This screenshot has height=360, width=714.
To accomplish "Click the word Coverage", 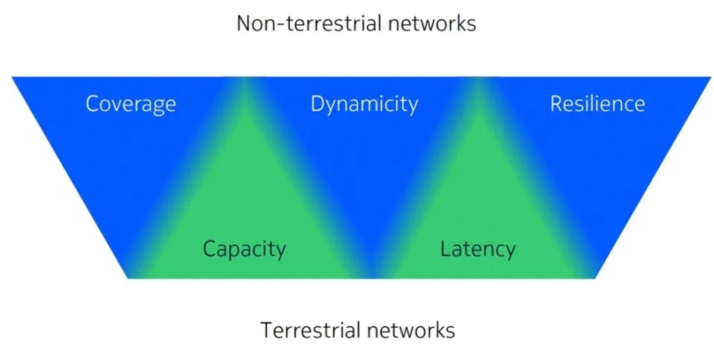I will coord(131,105).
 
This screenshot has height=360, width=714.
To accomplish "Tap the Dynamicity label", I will coord(364,105).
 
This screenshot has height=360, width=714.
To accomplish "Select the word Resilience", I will coord(597,104).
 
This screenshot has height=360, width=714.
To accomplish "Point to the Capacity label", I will coord(244,249).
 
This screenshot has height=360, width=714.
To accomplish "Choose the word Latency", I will coord(478,249).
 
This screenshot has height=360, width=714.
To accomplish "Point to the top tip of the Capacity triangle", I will coord(244,79).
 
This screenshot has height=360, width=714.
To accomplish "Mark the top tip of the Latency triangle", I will coord(478,79).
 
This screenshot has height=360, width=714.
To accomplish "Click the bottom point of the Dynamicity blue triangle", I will coord(361,278).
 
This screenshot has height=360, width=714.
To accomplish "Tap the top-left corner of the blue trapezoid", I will coord(13,78).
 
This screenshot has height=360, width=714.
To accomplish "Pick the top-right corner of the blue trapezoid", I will coord(711,78).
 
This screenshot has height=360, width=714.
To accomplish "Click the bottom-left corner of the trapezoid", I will coord(129,278).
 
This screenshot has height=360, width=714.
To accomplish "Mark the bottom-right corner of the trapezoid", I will coord(595,278).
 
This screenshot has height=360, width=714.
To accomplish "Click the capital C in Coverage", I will coord(92,105).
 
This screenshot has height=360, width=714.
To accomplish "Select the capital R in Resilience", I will coord(557,104).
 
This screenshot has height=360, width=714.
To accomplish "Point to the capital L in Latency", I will coord(444,248).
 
